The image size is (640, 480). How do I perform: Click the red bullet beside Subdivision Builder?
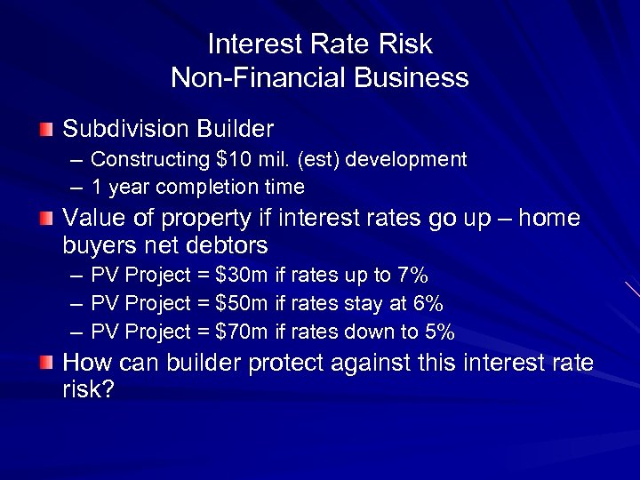click(47, 130)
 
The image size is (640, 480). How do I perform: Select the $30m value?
click(242, 275)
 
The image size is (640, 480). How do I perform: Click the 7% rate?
click(412, 275)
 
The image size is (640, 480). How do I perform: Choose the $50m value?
click(242, 303)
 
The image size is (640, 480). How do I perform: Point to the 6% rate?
click(426, 303)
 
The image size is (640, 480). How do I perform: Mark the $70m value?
click(242, 332)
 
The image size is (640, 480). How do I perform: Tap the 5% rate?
click(438, 332)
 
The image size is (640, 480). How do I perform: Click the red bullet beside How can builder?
click(47, 363)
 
